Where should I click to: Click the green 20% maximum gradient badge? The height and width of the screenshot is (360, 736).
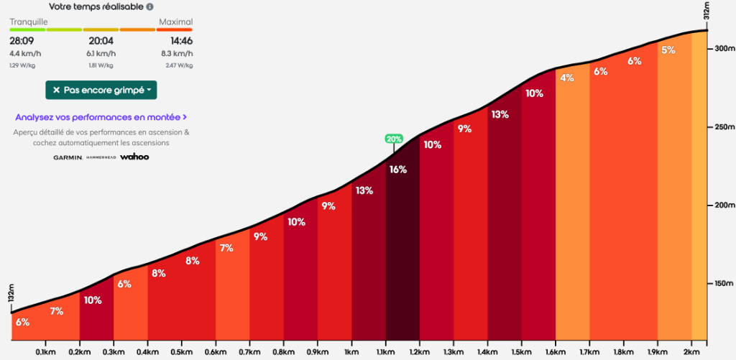394,139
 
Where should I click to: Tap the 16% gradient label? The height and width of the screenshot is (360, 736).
398,170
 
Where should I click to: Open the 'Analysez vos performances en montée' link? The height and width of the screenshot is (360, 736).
101,116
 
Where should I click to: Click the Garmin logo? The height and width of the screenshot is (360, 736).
68,157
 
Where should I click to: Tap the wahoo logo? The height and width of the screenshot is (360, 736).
134,157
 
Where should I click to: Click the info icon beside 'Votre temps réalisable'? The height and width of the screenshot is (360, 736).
149,7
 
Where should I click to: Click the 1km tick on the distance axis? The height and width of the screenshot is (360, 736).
351,352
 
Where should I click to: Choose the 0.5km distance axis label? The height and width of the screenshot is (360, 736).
181,352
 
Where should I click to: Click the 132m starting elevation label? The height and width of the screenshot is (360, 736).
11,297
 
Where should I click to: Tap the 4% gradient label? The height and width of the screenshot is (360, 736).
567,78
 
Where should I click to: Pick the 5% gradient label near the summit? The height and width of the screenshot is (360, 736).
668,50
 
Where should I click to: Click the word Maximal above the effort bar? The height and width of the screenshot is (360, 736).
175,22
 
